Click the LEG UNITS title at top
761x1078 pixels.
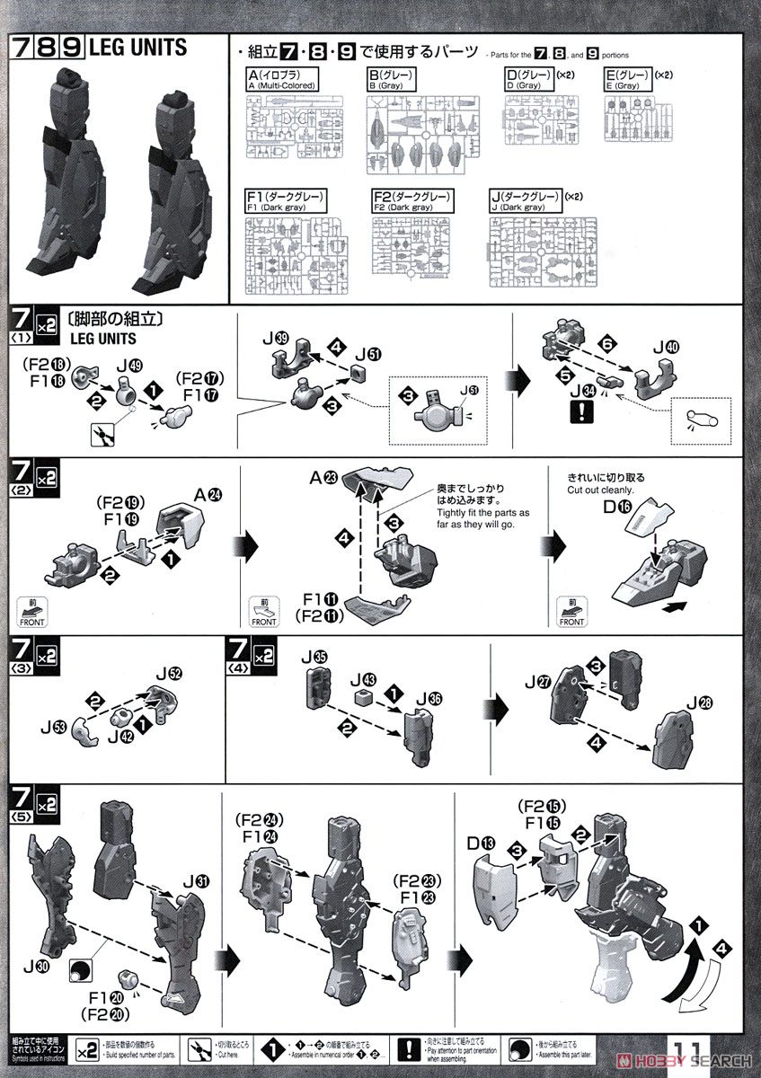coord(137,47)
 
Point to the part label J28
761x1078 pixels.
coord(698,700)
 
